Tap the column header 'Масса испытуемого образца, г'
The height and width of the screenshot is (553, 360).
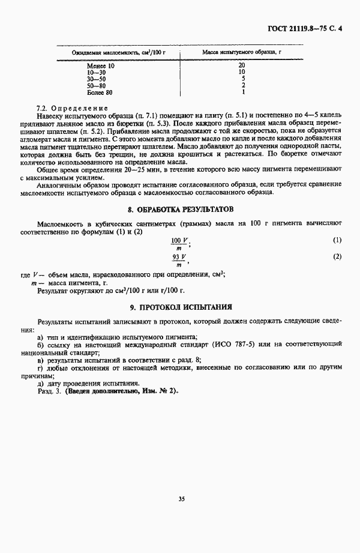tap(242, 53)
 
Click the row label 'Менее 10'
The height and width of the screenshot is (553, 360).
tap(100, 65)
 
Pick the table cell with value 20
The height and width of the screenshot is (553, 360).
tap(242, 65)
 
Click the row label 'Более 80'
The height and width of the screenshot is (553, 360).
tap(100, 93)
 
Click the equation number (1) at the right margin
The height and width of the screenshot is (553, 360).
tap(337, 240)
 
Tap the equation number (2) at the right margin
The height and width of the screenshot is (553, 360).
tap(337, 257)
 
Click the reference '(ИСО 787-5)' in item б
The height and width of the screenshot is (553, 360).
tap(274, 345)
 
